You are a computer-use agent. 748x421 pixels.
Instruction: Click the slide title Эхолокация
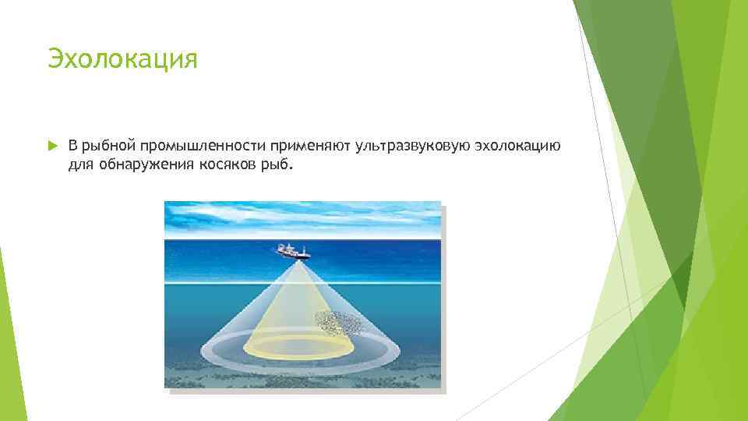(122, 59)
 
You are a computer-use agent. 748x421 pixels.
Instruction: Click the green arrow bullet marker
(52, 146)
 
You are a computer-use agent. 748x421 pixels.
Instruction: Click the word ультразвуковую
(405, 146)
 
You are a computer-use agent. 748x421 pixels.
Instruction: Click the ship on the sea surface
(293, 251)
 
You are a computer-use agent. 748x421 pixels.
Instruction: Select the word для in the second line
(79, 165)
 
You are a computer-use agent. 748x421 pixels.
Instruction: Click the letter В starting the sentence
(72, 146)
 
